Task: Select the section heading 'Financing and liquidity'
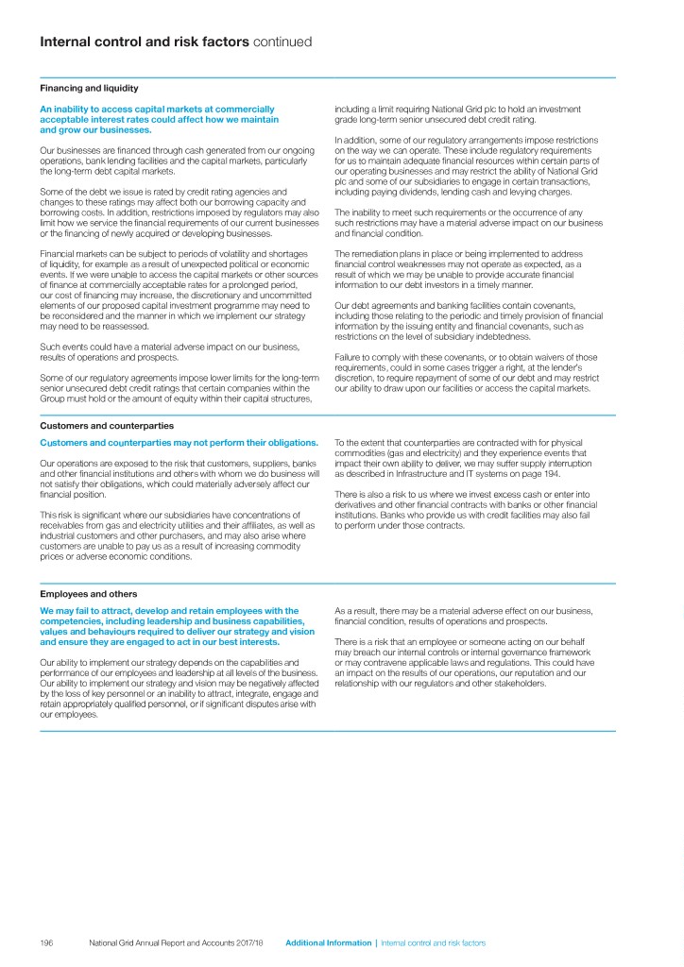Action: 89,88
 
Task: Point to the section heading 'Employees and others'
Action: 88,594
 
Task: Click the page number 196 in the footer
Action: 46,943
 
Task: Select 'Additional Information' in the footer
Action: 328,943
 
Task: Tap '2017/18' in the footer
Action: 248,943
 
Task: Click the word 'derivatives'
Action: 360,505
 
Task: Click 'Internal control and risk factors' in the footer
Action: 433,943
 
